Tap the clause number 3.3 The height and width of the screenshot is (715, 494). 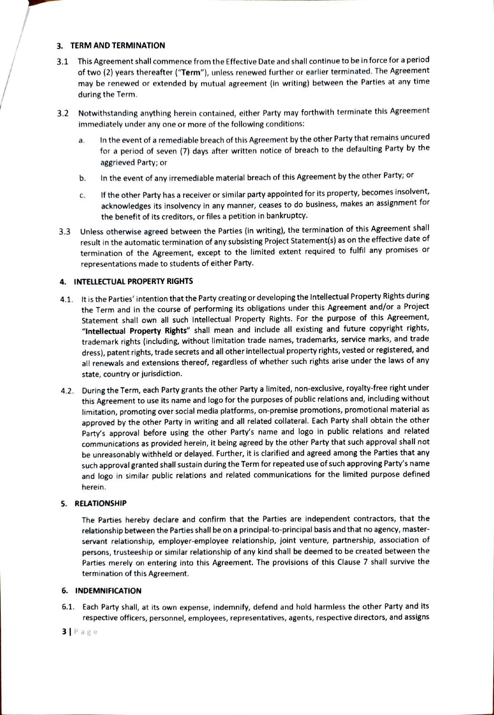65,232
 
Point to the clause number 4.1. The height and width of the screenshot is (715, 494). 68,299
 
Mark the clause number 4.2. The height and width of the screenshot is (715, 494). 68,391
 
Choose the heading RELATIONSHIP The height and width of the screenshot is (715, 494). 101,503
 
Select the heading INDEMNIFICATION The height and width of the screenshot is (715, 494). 108,591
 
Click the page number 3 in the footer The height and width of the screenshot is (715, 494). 64,631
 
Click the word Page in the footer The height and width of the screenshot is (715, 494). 86,632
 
